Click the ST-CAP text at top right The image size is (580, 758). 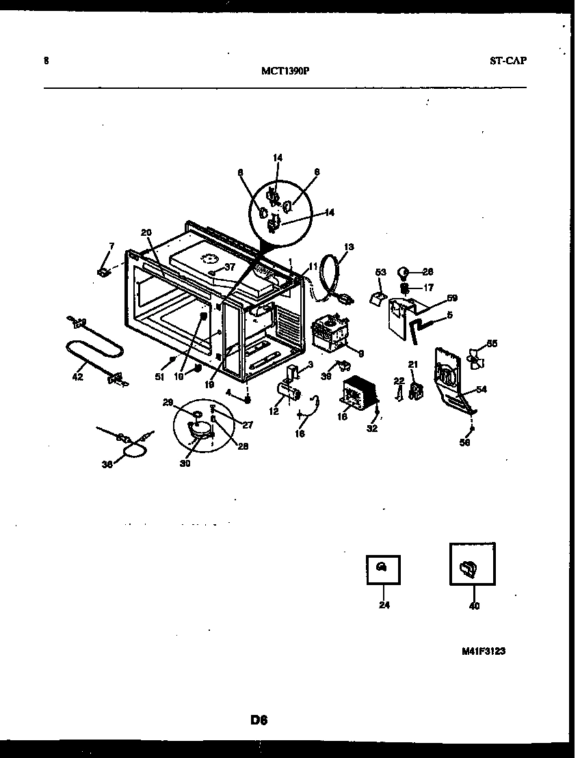point(507,60)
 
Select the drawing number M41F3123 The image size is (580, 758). point(483,651)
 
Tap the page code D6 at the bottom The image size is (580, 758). point(258,719)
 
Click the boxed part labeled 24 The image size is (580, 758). point(382,569)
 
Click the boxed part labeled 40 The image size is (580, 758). point(472,565)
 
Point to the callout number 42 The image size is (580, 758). point(77,376)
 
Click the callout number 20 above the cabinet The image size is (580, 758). point(146,232)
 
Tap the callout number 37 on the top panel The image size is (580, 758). point(230,267)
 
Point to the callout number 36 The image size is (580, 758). point(106,464)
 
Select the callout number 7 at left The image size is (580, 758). point(111,245)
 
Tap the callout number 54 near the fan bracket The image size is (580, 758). point(482,389)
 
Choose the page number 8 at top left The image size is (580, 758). point(46,60)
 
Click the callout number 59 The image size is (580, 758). point(452,298)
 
